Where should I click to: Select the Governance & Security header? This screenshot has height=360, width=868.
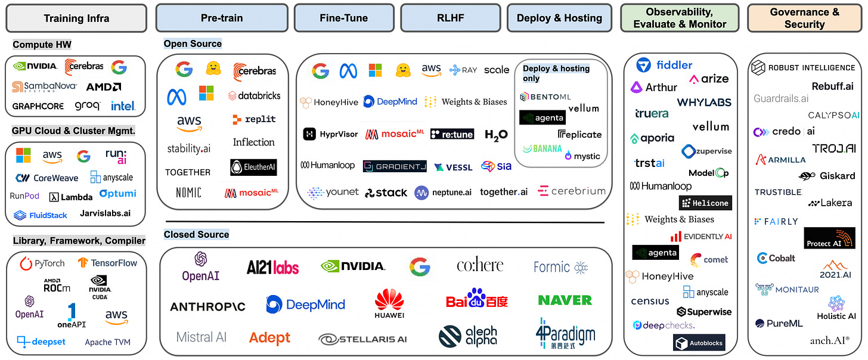tap(804, 18)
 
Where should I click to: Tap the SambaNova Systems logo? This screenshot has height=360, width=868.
tap(45, 87)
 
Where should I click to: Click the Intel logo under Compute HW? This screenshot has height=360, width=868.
tap(123, 106)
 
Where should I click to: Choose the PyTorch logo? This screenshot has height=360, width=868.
tap(42, 263)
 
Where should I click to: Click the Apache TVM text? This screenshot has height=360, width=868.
tap(107, 342)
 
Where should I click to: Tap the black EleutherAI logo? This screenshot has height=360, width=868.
tap(253, 167)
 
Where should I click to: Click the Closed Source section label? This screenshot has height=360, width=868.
tap(196, 234)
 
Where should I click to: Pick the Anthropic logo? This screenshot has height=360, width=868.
tap(207, 306)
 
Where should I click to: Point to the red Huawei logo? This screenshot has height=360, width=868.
tap(389, 302)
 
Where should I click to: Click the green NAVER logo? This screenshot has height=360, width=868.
tap(565, 300)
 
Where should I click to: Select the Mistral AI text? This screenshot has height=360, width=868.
tap(201, 337)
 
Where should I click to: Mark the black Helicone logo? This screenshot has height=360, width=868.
tap(705, 203)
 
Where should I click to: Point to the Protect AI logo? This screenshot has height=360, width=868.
tap(829, 238)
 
